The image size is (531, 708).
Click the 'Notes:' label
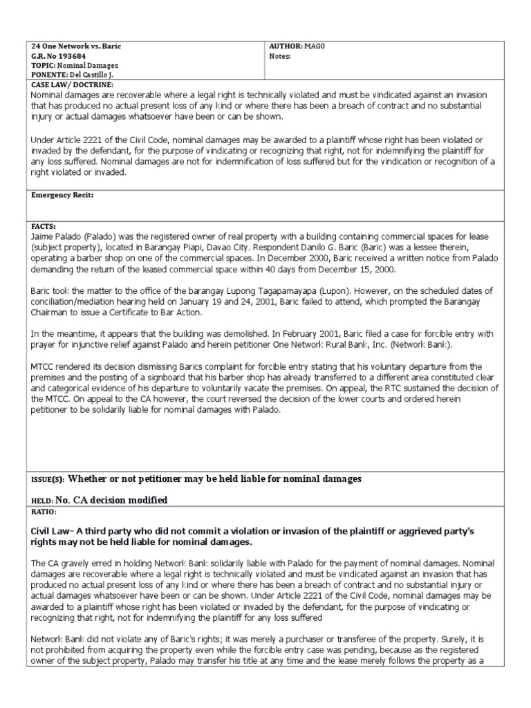280,56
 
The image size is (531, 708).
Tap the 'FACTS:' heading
44,226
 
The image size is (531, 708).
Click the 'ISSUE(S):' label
47,480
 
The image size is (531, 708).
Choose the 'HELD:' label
42,501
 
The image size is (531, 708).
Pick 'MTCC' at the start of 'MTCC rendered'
44,366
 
